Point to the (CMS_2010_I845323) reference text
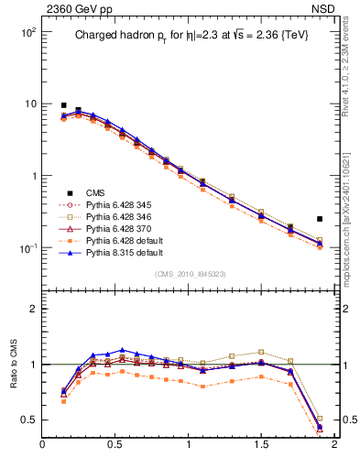[x=190, y=274]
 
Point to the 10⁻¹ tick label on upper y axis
[x=26, y=248]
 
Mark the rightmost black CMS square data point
[x=319, y=219]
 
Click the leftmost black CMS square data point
[x=63, y=105]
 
